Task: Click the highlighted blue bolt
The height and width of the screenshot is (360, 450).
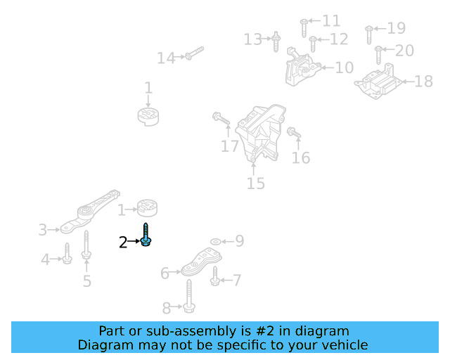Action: point(146,236)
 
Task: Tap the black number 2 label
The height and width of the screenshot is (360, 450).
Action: point(123,243)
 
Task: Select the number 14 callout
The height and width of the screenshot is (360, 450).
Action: point(166,58)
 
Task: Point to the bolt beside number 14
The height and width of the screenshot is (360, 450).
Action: point(195,53)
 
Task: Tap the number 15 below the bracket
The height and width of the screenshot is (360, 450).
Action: point(256,184)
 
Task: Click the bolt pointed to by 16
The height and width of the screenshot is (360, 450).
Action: point(293,131)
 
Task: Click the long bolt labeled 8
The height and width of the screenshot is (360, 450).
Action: point(191,296)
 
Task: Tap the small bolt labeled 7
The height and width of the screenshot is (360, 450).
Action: point(215,281)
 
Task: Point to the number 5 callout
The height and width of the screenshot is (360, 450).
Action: point(86,281)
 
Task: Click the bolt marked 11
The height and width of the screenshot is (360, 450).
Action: point(303,27)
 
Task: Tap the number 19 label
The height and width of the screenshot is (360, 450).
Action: point(397,29)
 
